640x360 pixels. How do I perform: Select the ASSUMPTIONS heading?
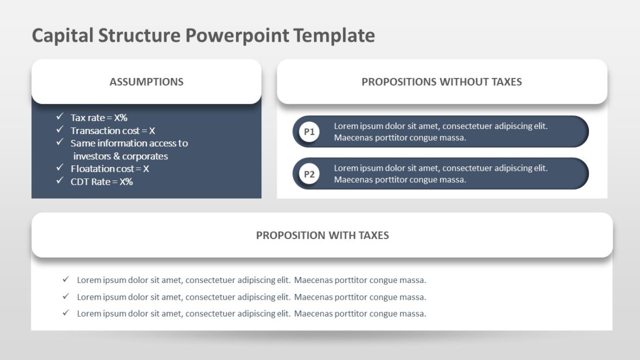146,82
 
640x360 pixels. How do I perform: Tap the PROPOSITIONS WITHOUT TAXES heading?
441,82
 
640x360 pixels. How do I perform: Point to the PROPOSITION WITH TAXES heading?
322,235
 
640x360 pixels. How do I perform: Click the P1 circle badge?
309,132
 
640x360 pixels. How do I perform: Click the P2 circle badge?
309,174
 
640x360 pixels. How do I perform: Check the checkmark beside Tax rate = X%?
60,117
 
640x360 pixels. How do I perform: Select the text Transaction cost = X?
113,131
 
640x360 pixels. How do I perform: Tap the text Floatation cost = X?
110,169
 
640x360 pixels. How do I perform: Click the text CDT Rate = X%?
101,182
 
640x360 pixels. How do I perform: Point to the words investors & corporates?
120,156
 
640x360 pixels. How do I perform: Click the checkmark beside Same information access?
60,142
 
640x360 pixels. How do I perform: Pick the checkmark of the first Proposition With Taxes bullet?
66,280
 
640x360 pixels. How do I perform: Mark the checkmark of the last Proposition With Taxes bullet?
66,313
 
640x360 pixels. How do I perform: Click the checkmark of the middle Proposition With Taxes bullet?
66,297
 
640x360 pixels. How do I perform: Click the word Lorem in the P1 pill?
345,126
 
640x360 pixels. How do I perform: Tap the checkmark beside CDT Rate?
60,181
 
